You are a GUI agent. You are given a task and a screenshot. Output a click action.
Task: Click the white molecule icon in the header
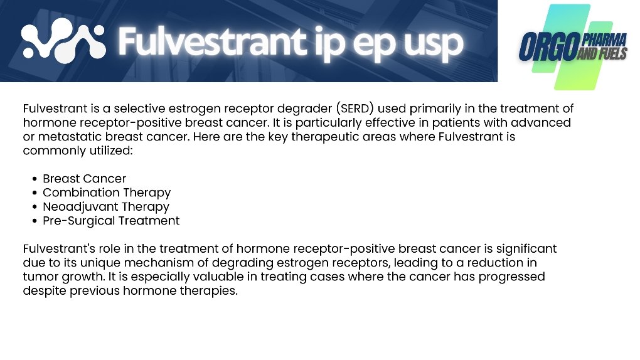click(x=63, y=41)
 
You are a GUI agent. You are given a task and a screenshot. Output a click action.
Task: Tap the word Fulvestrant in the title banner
click(x=212, y=41)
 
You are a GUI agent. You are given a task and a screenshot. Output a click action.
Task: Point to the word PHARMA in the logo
click(x=604, y=40)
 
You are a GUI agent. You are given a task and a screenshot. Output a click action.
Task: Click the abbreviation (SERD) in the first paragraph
click(x=355, y=109)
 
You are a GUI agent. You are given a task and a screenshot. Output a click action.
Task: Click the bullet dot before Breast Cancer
click(x=35, y=179)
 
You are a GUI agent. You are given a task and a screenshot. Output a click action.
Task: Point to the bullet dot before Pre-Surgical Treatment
click(x=35, y=221)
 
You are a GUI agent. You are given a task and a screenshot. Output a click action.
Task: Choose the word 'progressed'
click(x=511, y=277)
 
